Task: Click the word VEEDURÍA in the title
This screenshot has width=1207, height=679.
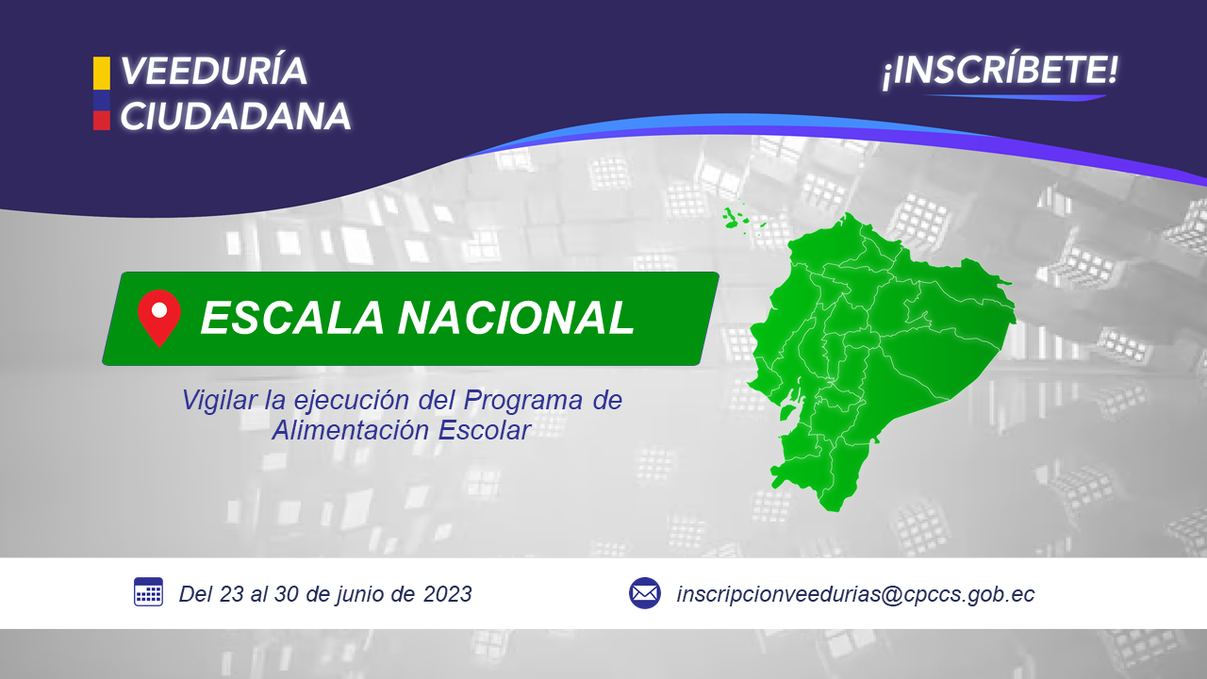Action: click(x=213, y=71)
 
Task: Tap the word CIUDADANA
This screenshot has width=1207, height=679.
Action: click(x=235, y=116)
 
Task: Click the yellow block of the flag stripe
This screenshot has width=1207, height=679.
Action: click(x=101, y=73)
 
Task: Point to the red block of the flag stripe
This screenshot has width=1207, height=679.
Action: click(x=101, y=120)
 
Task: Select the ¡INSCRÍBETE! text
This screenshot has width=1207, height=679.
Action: click(x=1000, y=70)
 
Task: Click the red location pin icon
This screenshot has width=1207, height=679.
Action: click(x=159, y=318)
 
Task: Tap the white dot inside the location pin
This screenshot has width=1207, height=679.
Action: click(x=159, y=310)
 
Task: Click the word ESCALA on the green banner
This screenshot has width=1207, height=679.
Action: click(x=292, y=318)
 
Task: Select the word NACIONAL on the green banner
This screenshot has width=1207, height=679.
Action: click(x=516, y=318)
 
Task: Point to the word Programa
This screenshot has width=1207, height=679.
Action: click(x=522, y=400)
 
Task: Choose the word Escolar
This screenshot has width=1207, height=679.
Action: click(x=484, y=430)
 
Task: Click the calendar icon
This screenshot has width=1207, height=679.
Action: click(x=148, y=591)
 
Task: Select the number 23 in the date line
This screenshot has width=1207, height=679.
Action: click(x=232, y=594)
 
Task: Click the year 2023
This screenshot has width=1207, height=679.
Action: click(x=447, y=594)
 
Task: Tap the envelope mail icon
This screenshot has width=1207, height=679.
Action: click(x=644, y=593)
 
